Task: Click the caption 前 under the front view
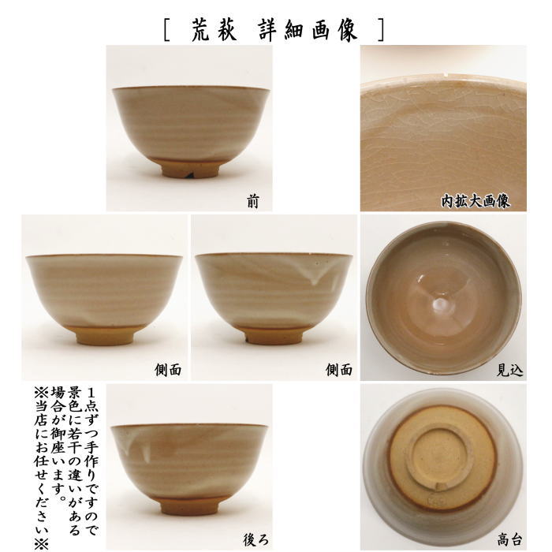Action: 252,203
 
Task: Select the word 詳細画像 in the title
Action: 308,29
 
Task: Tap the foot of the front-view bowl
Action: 191,167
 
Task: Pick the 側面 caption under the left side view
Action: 168,369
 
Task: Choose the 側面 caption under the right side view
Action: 338,369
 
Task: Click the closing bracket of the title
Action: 382,30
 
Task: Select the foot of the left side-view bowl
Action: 104,335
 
